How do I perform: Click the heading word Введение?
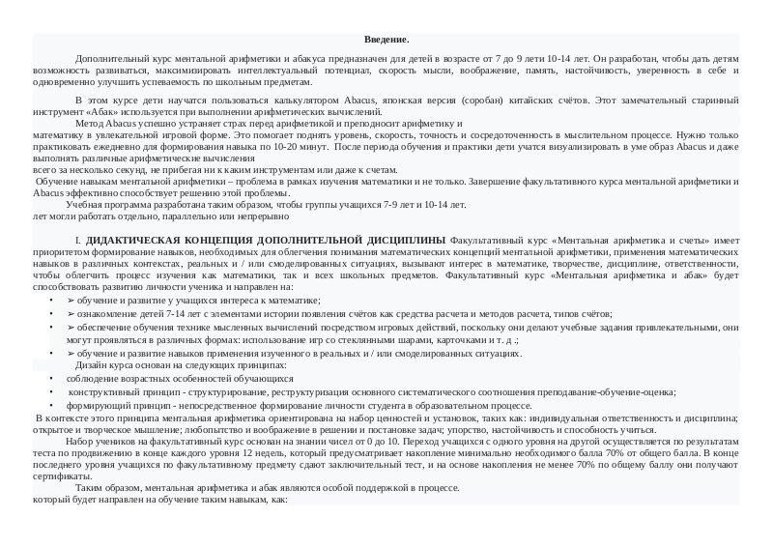pos(386,40)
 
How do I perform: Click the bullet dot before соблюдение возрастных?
pos(51,379)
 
